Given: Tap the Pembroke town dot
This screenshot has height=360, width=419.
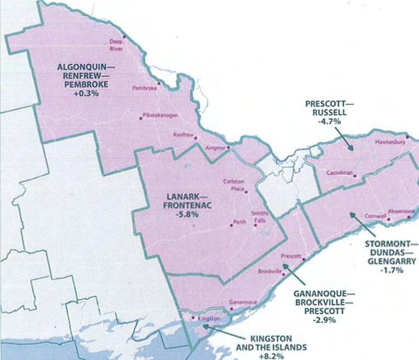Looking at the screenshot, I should pos(159,83).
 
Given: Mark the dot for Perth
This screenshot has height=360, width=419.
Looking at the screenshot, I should pos(231,225).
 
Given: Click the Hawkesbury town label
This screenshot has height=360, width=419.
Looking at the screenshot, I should pos(390,142).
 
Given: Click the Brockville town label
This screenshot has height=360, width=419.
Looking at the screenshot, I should pos(269,271).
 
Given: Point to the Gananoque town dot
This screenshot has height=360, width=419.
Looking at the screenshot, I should pos(231,308).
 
